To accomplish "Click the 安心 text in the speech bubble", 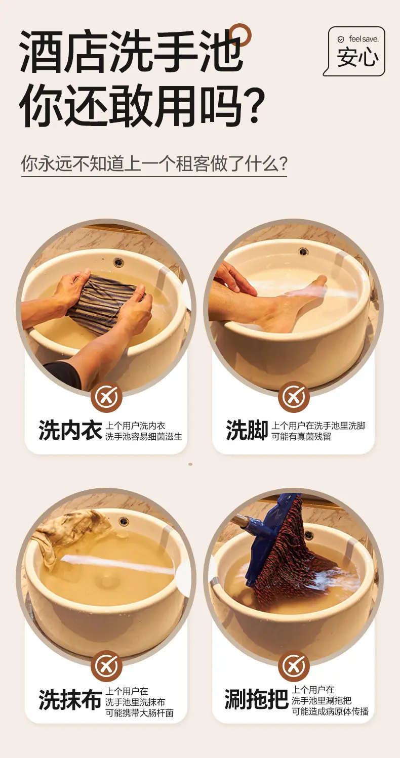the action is point(357,57).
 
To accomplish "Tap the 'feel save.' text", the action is point(364,39).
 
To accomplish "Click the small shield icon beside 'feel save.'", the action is point(341,39).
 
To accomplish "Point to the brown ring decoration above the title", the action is point(240,34).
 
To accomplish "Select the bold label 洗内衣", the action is point(70,431).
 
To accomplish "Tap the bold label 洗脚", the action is point(247,431).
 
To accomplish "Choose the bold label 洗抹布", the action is point(70,700).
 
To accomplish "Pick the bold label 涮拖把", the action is point(256,699).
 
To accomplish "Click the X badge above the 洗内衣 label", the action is point(106,397).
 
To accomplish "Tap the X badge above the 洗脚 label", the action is point(294,397).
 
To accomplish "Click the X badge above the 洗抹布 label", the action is point(106,666).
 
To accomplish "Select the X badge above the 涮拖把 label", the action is point(294,666).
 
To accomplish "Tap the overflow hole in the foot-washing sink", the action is point(303,251).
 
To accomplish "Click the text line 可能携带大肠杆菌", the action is point(140,713).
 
